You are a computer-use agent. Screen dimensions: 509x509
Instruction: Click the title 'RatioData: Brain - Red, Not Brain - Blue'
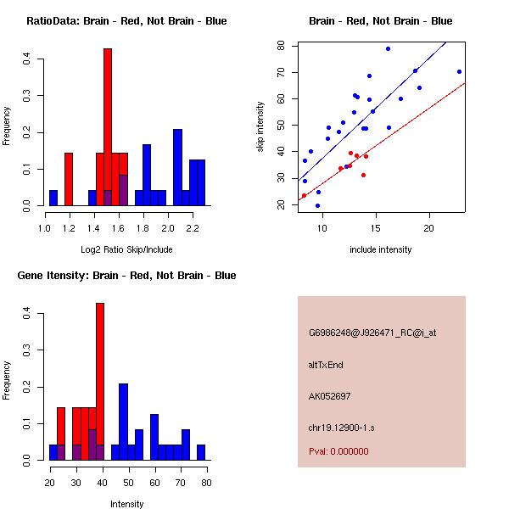point(126,21)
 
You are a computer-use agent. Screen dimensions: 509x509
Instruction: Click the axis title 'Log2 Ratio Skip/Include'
point(126,249)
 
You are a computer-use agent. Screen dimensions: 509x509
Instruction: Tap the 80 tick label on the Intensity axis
point(206,482)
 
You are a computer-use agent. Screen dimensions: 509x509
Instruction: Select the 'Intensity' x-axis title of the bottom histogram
point(126,503)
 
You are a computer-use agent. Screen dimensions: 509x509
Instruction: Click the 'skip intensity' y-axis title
point(261,127)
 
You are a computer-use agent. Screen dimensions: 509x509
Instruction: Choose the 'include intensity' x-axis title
point(381,249)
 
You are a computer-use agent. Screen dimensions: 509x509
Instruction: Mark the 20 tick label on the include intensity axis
point(429,227)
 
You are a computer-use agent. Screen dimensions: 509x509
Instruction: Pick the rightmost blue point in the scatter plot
point(459,71)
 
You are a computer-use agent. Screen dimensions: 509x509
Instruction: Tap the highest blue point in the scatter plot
point(388,48)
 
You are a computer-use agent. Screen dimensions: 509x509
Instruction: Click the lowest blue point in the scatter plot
point(317,205)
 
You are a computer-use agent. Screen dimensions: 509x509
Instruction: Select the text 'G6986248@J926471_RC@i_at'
point(372,333)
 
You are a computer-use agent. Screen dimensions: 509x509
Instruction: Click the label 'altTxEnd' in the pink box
point(326,365)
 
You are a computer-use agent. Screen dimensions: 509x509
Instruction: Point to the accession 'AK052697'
point(330,395)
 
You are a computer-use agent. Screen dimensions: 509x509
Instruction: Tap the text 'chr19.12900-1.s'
point(341,427)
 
